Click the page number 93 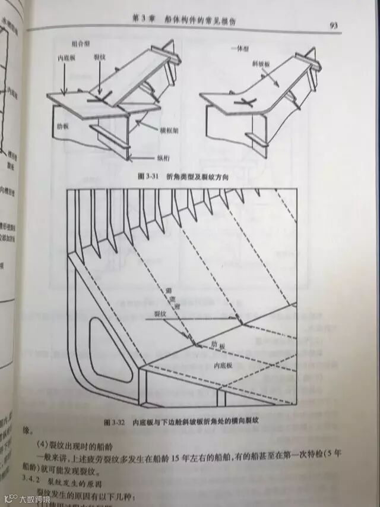[x=333, y=25]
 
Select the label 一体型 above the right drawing [x=240, y=46]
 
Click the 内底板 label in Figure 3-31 [x=66, y=58]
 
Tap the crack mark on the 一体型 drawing [x=242, y=103]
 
